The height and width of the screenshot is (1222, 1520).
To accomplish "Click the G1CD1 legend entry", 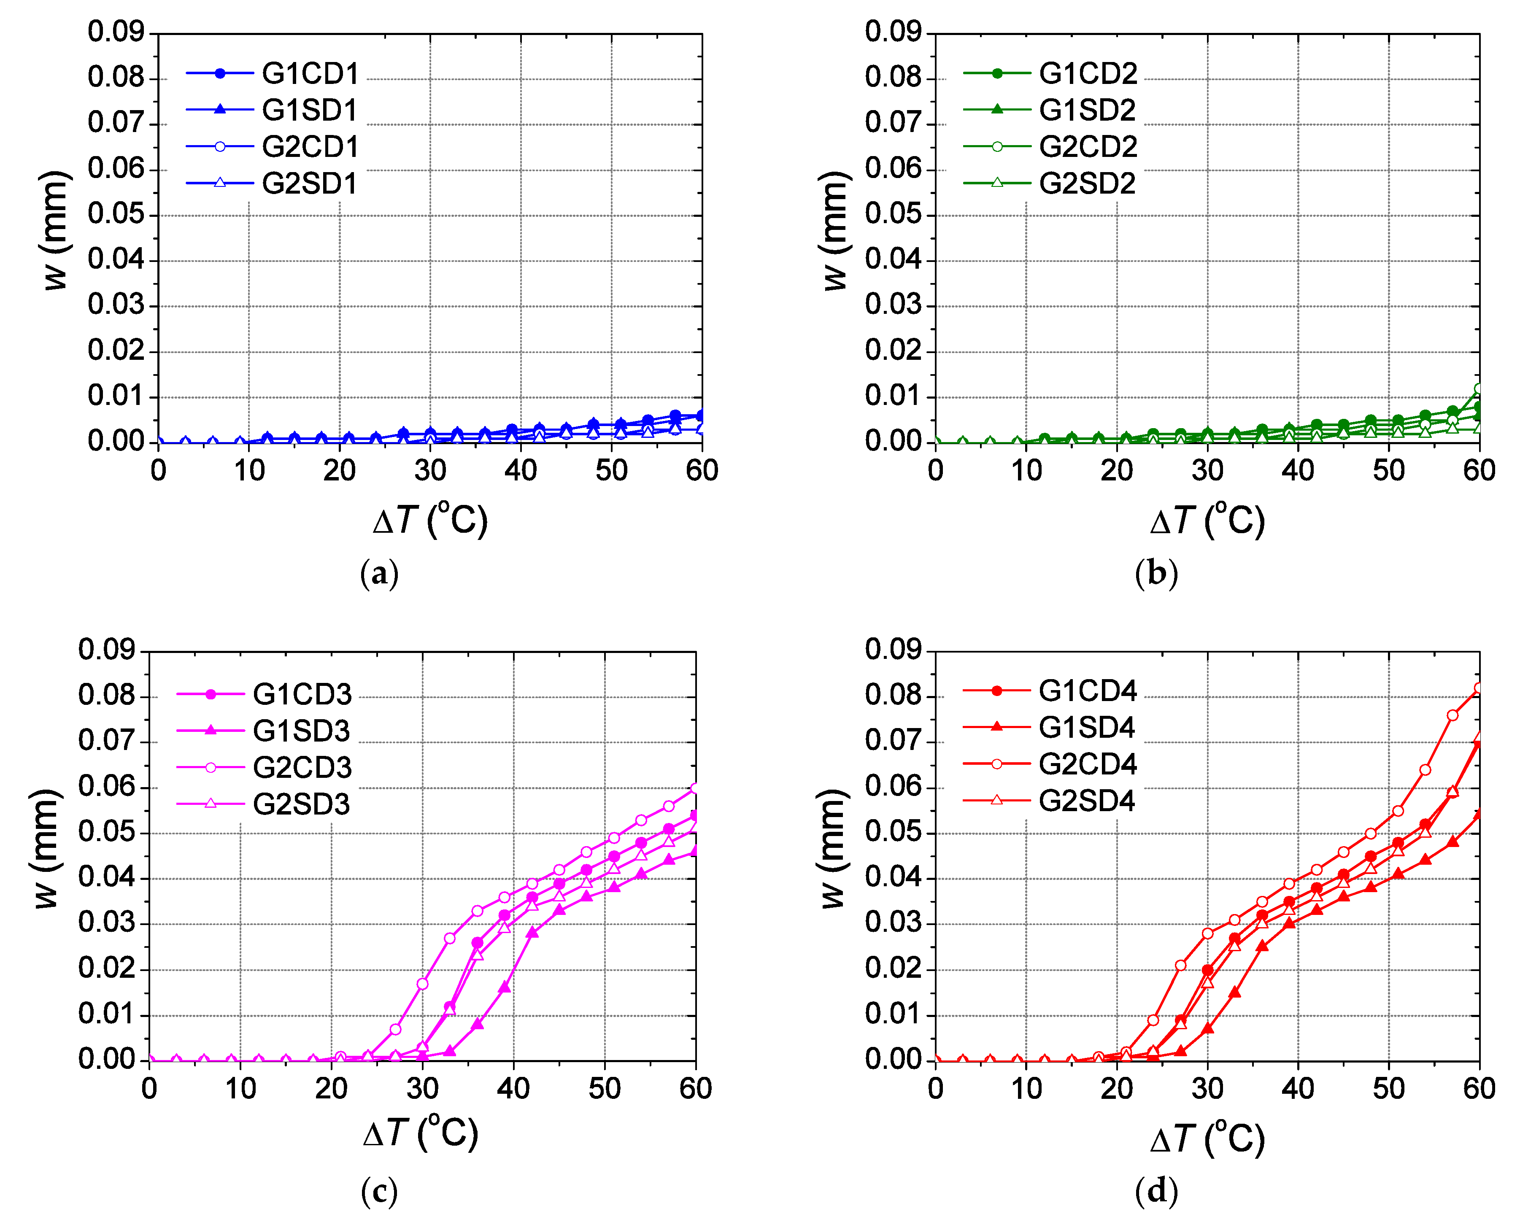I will tap(310, 74).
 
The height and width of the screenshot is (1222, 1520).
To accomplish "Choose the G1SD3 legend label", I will tap(301, 731).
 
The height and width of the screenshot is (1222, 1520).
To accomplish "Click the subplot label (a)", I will tap(379, 574).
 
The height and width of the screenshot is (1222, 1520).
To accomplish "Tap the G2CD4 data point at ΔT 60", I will tap(1478, 688).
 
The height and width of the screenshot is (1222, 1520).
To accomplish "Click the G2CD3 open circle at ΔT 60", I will tap(695, 788).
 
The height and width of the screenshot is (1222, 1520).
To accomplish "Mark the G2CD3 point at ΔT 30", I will tap(422, 983).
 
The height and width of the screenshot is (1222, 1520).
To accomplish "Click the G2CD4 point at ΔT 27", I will tap(1180, 965).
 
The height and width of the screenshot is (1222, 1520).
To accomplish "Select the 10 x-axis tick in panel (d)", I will tap(1026, 1089).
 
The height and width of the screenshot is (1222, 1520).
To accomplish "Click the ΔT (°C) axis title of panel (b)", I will tap(1207, 521).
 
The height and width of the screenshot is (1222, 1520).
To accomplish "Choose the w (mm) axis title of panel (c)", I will tap(46, 849).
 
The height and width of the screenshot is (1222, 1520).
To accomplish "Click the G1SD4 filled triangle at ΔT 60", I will tap(1478, 815).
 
